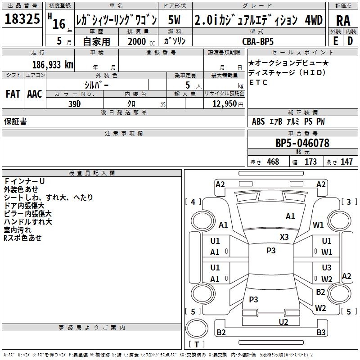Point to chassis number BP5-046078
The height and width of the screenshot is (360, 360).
coord(302,144)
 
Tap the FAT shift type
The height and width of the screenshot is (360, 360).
coord(13,94)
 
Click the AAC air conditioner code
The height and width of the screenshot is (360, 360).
coord(35,94)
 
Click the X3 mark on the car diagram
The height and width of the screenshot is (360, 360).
coord(284,237)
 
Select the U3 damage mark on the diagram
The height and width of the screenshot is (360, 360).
coord(327,268)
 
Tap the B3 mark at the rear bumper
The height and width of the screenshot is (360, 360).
coord(321,333)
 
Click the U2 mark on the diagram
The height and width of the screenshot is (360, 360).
coord(283,322)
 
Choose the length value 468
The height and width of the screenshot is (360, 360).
coord(272,162)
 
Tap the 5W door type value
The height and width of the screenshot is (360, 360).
coord(175,20)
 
